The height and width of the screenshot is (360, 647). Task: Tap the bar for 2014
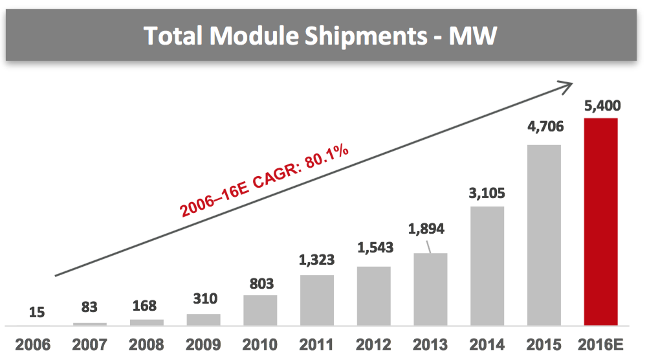click(x=487, y=265)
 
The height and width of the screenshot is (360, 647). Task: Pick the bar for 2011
click(x=316, y=300)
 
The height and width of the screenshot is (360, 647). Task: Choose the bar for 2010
click(x=260, y=309)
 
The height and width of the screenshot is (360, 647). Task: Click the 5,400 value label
click(x=601, y=105)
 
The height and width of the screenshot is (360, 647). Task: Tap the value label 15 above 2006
click(x=37, y=312)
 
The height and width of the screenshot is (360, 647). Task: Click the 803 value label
click(x=260, y=283)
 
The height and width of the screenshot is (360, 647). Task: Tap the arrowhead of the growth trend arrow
click(x=567, y=84)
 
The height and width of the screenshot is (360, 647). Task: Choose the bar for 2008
click(x=146, y=322)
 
